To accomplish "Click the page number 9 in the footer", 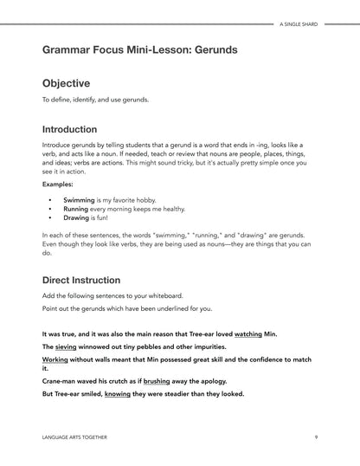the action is coord(316,437).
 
